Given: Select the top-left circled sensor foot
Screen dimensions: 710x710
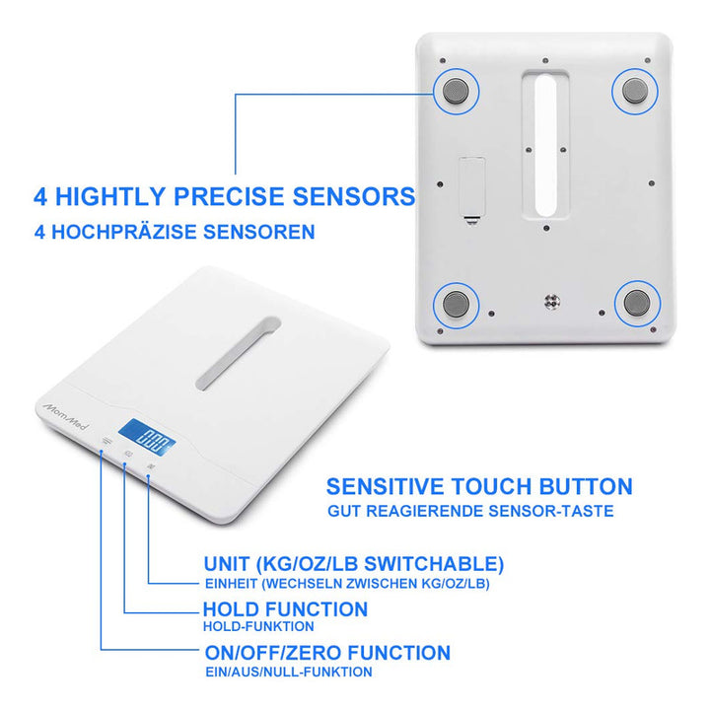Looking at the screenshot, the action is tap(456, 92).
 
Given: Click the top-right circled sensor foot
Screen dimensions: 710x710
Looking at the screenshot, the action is tap(635, 91).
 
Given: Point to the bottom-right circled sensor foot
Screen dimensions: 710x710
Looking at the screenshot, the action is tap(637, 303).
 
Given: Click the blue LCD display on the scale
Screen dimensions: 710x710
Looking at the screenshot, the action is tap(147, 438).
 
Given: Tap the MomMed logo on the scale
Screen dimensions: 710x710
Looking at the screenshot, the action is tap(66, 416).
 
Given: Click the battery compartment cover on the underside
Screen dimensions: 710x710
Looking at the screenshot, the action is tap(472, 186).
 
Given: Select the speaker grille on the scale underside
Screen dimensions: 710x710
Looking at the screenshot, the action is tap(552, 301).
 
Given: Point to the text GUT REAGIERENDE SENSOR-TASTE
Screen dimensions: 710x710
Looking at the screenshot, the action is tap(470, 511).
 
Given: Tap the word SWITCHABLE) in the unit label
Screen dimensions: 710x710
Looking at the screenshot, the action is tap(434, 565).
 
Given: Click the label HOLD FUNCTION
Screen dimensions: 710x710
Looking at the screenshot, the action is tap(285, 609).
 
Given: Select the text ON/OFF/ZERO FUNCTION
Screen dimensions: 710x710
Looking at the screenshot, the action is tap(327, 653).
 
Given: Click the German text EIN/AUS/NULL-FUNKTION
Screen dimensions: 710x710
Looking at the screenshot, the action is tap(289, 672).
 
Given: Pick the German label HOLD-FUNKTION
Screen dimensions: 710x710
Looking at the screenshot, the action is tap(258, 627).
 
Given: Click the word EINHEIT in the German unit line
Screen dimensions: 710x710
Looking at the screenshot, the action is tap(232, 584).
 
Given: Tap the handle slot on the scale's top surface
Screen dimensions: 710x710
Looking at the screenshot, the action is tap(239, 353).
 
